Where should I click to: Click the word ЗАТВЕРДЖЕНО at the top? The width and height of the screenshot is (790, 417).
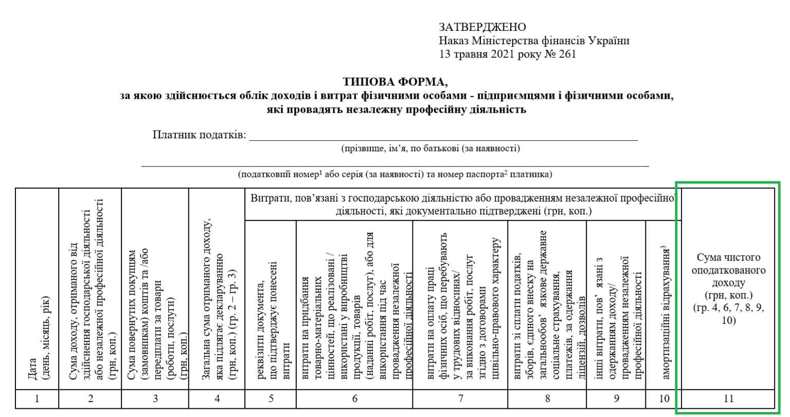482,27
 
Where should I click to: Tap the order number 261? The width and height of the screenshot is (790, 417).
566,53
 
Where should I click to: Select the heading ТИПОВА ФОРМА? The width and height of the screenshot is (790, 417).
396,83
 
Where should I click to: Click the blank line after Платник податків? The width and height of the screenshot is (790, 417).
442,136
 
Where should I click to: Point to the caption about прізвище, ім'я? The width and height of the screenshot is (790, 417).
429,149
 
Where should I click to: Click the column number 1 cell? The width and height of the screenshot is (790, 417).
37,398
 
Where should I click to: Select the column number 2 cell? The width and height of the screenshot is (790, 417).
90,398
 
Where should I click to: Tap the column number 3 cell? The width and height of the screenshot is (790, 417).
155,398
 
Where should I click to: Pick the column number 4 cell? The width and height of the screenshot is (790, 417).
217,398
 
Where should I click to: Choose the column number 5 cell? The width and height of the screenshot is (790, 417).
271,398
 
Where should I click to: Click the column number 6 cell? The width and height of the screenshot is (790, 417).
355,398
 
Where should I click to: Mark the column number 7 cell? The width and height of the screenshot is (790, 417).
461,398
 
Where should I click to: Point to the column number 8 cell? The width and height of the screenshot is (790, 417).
547,398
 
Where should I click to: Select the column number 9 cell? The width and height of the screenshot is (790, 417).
616,398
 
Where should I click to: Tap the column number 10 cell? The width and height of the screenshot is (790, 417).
664,398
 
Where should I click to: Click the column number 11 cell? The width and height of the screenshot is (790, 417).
728,398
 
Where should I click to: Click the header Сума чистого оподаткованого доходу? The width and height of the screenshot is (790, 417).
728,288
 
